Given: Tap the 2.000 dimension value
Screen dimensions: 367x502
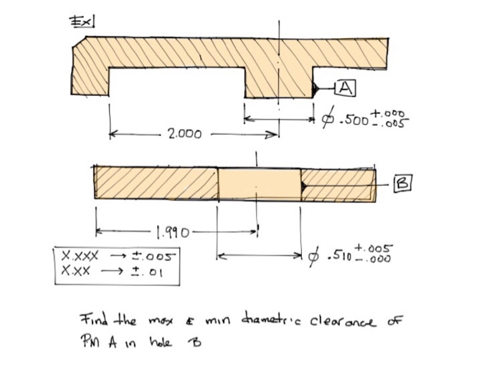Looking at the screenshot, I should [184, 133].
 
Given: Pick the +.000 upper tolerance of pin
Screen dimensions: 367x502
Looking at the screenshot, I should [393, 113].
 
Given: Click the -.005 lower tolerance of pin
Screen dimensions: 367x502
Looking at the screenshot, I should [394, 123].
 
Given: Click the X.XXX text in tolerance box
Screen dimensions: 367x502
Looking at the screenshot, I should [76, 254].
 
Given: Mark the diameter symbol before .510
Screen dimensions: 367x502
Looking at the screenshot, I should [313, 257].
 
